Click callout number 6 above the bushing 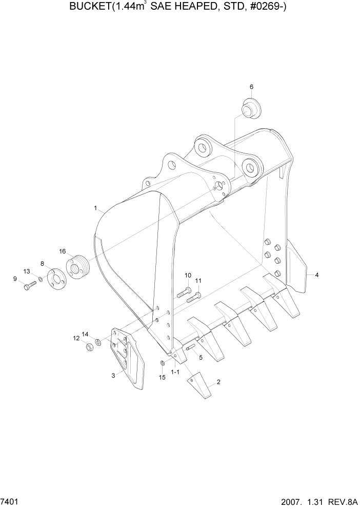[x=251, y=87]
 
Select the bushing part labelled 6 [x=250, y=110]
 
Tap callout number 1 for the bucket [x=95, y=208]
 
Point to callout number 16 [x=63, y=251]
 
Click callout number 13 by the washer [x=27, y=271]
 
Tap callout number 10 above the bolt [x=187, y=275]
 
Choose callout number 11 [x=198, y=281]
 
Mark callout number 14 [x=85, y=334]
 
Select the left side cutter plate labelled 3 [x=128, y=359]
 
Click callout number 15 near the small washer [x=162, y=377]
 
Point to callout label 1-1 [x=175, y=371]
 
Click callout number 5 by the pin [x=201, y=357]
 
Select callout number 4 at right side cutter [x=317, y=275]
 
